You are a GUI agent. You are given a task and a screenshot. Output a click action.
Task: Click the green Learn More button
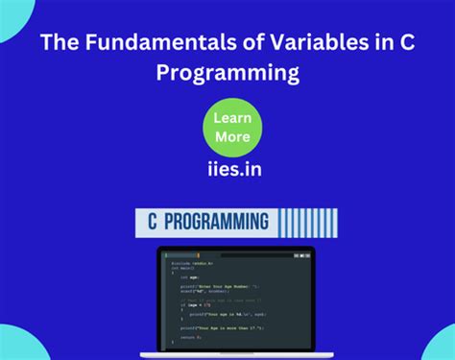(x=231, y=126)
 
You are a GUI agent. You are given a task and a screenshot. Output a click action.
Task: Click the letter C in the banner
(x=152, y=222)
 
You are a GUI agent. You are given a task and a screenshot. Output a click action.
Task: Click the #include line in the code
(x=192, y=263)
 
